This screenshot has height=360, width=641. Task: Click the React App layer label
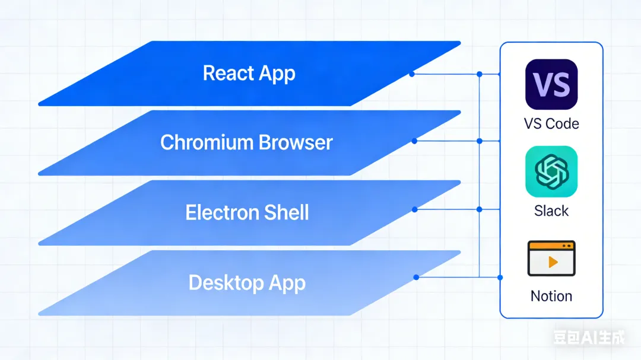pyautogui.click(x=249, y=74)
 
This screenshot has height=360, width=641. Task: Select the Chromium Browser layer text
pyautogui.click(x=246, y=142)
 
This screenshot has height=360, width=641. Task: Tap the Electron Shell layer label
pyautogui.click(x=247, y=212)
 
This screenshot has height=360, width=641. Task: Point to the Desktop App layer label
pyautogui.click(x=247, y=282)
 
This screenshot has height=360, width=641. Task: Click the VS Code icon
pyautogui.click(x=551, y=84)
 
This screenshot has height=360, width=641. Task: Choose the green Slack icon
pyautogui.click(x=551, y=171)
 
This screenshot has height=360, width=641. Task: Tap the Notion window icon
pyautogui.click(x=551, y=259)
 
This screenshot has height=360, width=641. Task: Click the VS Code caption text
pyautogui.click(x=551, y=124)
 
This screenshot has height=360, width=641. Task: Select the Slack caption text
pyautogui.click(x=551, y=211)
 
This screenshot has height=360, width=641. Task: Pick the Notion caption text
pyautogui.click(x=551, y=296)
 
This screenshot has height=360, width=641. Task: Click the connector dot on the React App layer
pyautogui.click(x=412, y=74)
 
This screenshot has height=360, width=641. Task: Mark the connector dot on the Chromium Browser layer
pyautogui.click(x=414, y=141)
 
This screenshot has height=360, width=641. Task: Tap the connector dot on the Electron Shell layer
pyautogui.click(x=414, y=209)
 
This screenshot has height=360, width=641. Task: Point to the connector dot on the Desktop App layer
pyautogui.click(x=416, y=277)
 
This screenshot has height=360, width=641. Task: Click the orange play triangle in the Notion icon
pyautogui.click(x=553, y=262)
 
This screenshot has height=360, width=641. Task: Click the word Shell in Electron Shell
pyautogui.click(x=287, y=212)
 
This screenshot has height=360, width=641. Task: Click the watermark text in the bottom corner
pyautogui.click(x=589, y=338)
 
